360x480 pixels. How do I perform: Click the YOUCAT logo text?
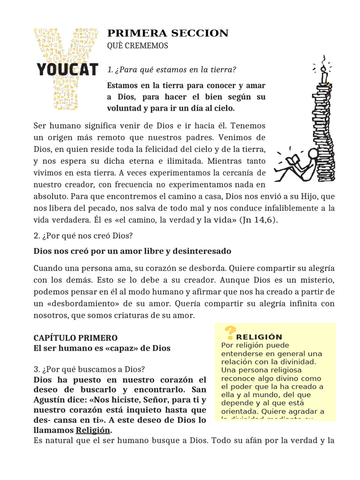click(67, 69)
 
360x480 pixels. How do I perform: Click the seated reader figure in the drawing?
click(300, 164)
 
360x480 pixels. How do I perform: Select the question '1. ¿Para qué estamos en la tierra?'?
click(172, 70)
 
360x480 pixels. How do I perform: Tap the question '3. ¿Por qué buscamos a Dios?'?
click(89, 369)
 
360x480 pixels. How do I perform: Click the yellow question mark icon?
click(229, 332)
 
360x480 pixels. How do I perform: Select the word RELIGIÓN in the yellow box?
click(259, 337)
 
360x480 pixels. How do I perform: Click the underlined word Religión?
click(93, 430)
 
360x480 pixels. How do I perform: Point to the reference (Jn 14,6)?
click(258, 220)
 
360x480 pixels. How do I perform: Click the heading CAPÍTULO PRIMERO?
click(75, 337)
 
